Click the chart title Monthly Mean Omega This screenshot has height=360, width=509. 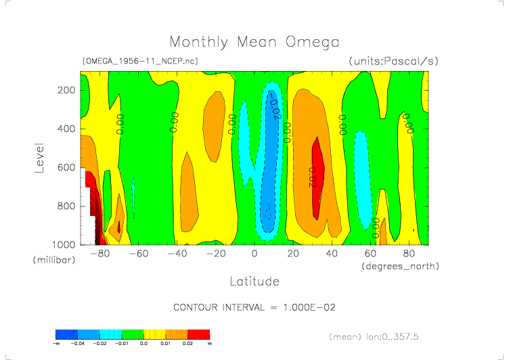coord(254,43)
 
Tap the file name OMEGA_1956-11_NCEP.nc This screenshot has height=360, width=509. coord(139,61)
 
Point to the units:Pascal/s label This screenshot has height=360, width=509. coord(393,61)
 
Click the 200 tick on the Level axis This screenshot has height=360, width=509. coord(66,90)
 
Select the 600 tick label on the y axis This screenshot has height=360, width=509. coord(66,167)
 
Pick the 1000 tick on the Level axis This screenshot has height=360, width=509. coord(63,244)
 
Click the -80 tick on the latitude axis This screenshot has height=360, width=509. coord(100,254)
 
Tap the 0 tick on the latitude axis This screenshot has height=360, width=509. coord(255,254)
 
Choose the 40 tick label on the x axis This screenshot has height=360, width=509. coord(332,254)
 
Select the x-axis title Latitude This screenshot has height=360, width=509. coord(254,280)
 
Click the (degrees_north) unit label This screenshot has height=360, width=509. coord(399,266)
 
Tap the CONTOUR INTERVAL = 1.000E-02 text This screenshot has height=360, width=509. coord(255,307)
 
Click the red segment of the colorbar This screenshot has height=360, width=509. coord(198,334)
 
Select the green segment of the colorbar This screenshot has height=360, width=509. coord(133,334)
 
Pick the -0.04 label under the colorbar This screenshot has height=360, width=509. coord(77,344)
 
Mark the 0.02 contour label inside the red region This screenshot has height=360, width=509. coord(313,177)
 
